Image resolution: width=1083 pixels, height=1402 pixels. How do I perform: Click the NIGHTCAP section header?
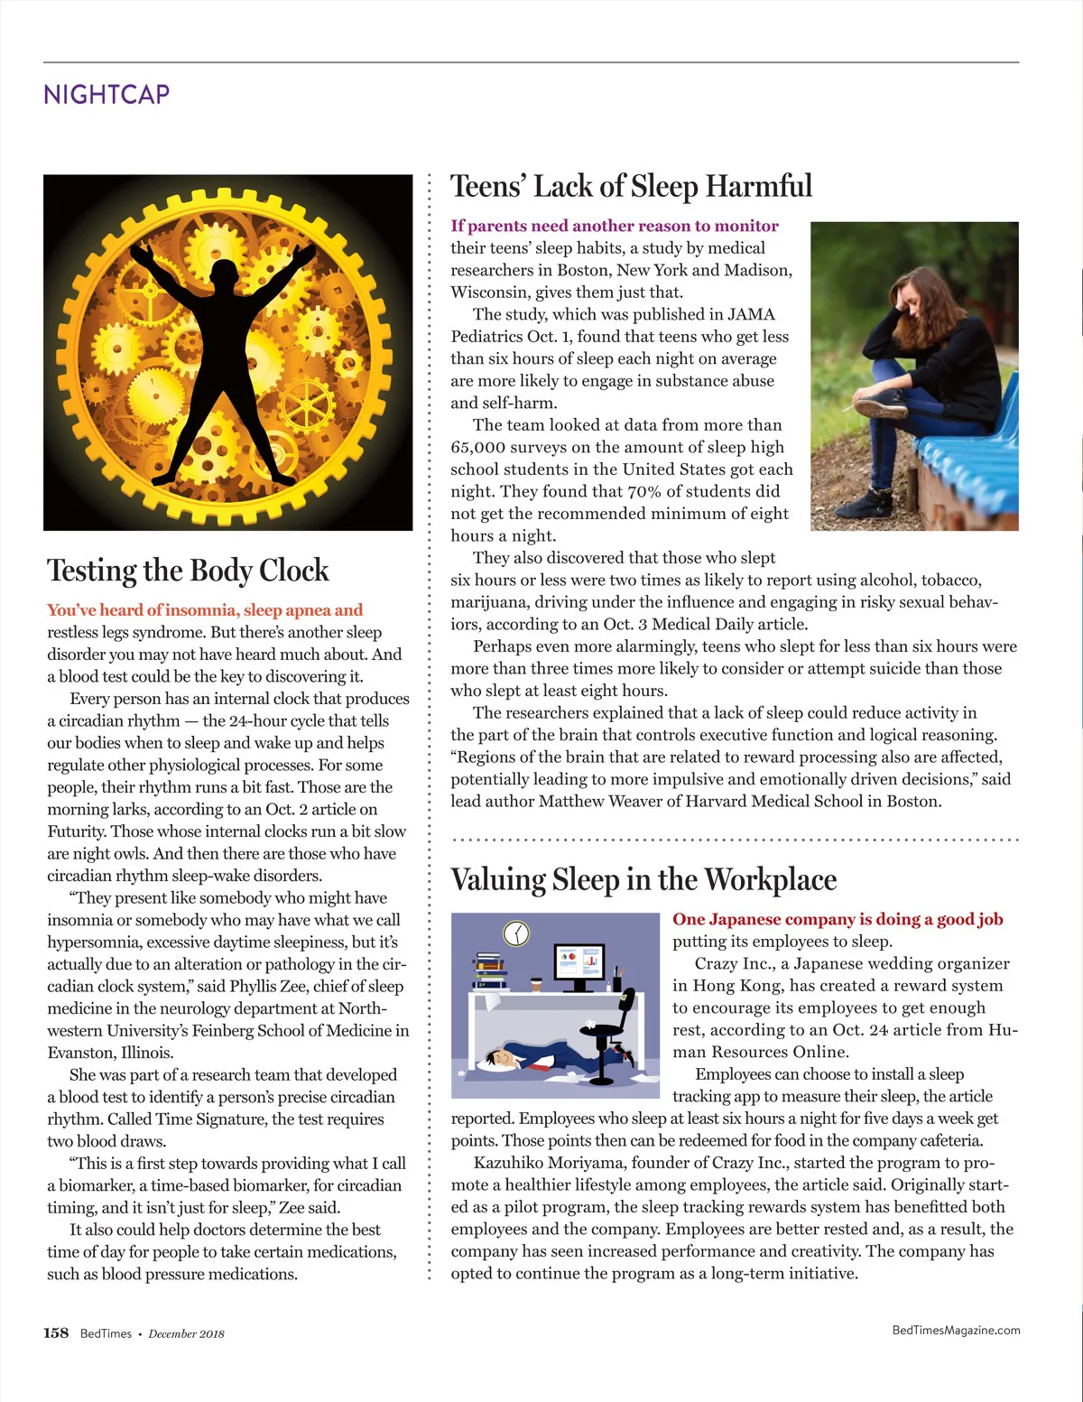(x=106, y=94)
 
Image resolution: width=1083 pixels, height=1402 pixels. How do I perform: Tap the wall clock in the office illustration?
(x=516, y=933)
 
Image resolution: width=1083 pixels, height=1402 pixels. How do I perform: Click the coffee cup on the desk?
(x=537, y=984)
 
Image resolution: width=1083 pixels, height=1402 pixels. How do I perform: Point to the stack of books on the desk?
(x=492, y=971)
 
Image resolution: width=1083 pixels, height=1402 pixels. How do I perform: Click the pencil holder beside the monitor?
(x=617, y=981)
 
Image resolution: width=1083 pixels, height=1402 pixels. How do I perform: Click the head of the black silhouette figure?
(x=224, y=276)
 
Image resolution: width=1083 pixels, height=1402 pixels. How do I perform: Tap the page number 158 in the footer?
(x=56, y=1333)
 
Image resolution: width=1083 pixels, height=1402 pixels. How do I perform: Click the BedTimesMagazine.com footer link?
(x=956, y=1330)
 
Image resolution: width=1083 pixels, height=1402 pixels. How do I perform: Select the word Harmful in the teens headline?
(x=759, y=187)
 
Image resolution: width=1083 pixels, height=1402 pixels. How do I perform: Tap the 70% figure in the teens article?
(x=644, y=492)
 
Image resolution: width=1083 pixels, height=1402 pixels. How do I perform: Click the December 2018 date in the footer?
(x=186, y=1334)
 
